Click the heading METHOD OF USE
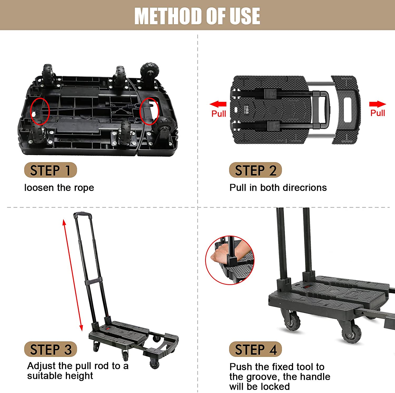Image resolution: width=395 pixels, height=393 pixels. pos(197,16)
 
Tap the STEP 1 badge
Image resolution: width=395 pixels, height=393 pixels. pos(50,170)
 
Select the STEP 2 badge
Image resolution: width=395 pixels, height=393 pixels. pos(255,170)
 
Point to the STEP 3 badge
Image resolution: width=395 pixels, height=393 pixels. pos(50,350)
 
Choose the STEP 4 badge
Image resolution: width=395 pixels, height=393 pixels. pos(255,350)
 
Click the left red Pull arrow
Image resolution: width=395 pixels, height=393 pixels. pos(218,104)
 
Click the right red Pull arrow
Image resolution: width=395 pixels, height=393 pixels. pos(377,104)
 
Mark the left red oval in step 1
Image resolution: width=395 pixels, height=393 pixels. pos(40,111)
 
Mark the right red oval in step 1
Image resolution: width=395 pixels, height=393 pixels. pos(149,111)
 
